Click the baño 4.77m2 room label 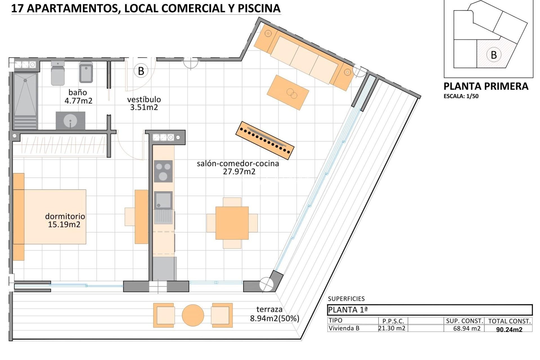tap(78, 96)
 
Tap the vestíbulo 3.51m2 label tap(144, 103)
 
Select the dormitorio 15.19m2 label tap(65, 220)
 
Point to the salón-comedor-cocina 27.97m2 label tap(238, 167)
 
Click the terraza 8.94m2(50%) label tap(274, 314)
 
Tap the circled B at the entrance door tap(141, 71)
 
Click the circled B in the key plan tap(494, 55)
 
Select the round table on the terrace tap(193, 315)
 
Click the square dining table tap(232, 223)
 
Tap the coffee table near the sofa tap(288, 92)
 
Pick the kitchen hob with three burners tap(163, 171)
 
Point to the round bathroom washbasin tap(70, 121)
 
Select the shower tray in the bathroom tap(25, 94)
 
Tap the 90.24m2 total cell tap(509, 329)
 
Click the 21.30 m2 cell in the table tap(392, 328)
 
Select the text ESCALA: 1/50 tap(461, 96)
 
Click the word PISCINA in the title tap(259, 8)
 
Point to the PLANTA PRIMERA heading tap(486, 86)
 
